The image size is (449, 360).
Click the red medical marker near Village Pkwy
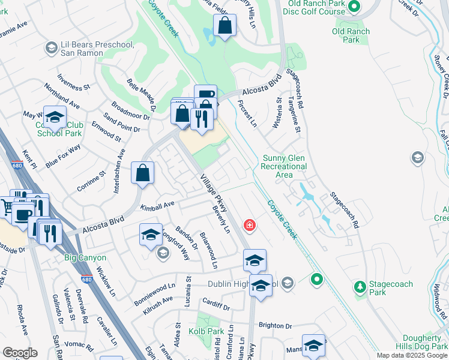(x=249, y=226)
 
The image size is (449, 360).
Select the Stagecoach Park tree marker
(x=360, y=287)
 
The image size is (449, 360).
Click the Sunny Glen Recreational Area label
(x=285, y=166)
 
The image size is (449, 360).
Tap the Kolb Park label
(x=208, y=331)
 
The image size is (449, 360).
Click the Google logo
(x=19, y=352)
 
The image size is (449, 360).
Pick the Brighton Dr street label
(x=275, y=325)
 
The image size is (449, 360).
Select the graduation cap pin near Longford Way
(x=151, y=235)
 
